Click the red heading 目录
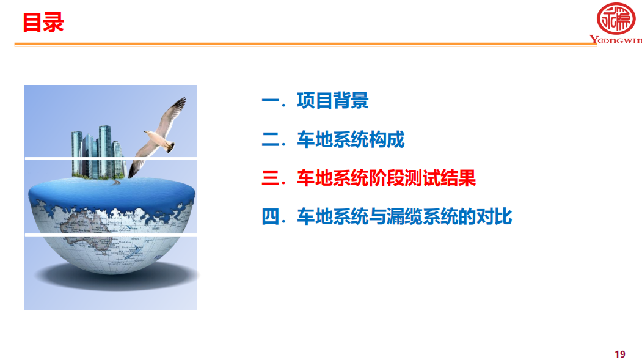(43, 23)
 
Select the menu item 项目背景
(332, 101)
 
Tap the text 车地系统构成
(351, 139)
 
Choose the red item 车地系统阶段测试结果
(386, 178)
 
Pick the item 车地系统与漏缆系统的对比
(404, 216)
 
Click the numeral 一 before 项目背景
(270, 101)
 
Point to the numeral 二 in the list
(270, 139)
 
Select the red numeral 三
(270, 178)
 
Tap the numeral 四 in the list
(270, 216)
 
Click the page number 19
(620, 354)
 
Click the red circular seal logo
(616, 18)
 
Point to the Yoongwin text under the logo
(615, 40)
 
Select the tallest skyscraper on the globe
(105, 151)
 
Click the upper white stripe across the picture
(111, 158)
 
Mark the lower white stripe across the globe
(111, 235)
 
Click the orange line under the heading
(305, 44)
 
